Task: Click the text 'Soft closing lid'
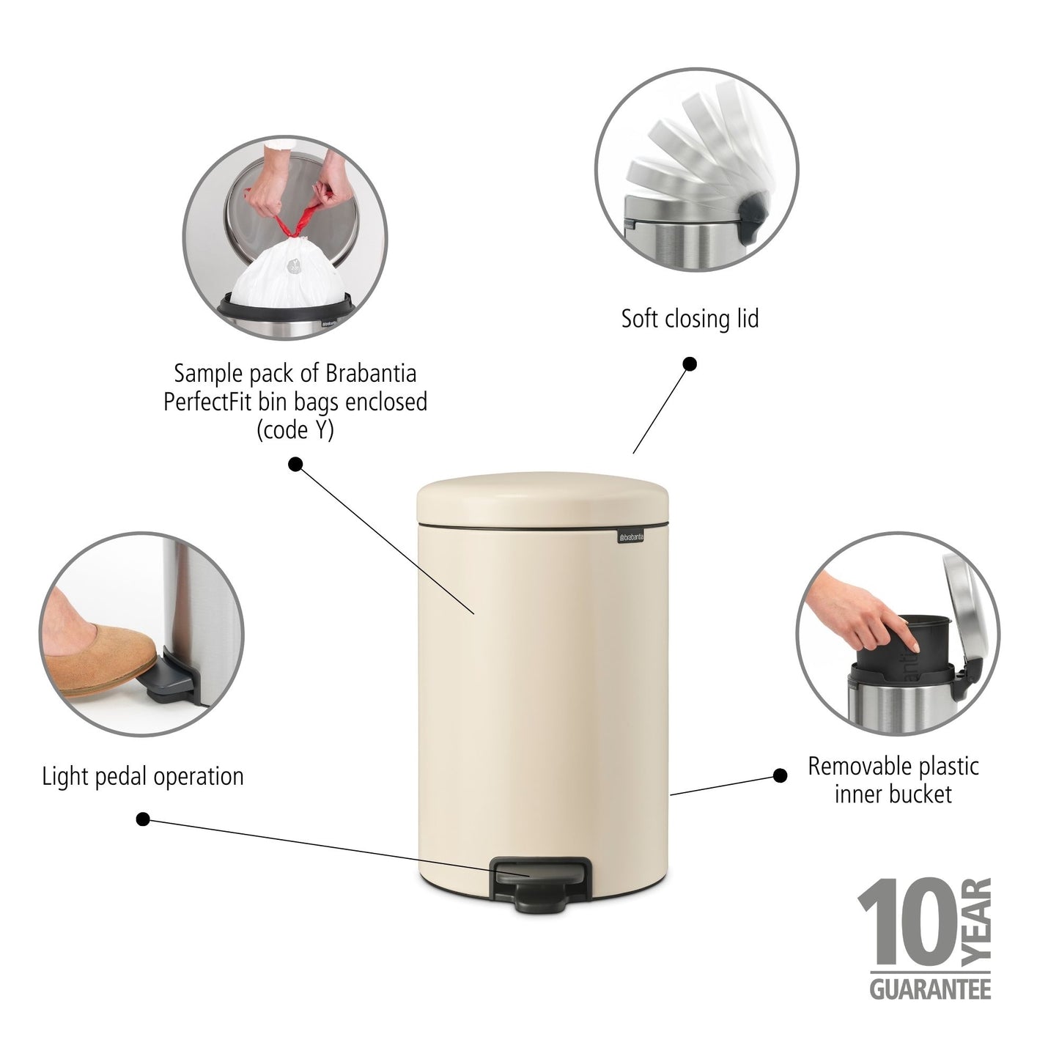pyautogui.click(x=690, y=319)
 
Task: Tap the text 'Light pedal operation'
pyautogui.click(x=143, y=776)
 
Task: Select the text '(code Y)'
pyautogui.click(x=295, y=430)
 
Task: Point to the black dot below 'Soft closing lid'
pyautogui.click(x=690, y=364)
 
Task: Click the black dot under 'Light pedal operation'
pyautogui.click(x=144, y=819)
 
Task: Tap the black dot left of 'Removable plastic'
pyautogui.click(x=781, y=775)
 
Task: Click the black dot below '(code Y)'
pyautogui.click(x=295, y=464)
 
